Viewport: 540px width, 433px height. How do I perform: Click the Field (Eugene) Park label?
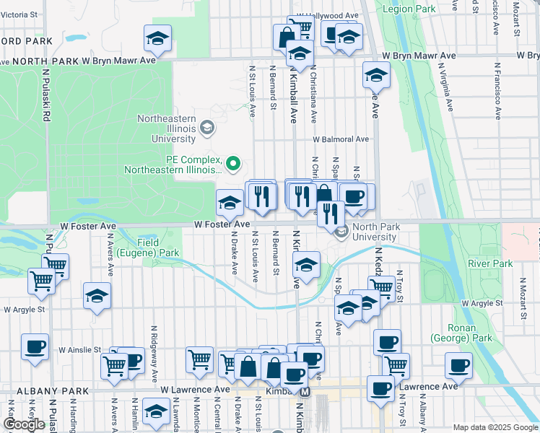click(x=158, y=248)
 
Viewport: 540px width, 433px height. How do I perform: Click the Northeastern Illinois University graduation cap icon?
click(x=207, y=129)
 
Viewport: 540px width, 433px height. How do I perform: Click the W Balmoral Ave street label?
click(x=340, y=139)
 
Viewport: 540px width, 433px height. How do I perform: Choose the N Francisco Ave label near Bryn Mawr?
click(x=497, y=88)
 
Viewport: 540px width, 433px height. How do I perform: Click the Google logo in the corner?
click(x=24, y=424)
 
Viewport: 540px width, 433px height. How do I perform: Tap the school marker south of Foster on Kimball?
click(x=306, y=265)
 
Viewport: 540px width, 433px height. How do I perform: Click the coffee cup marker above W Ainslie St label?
click(x=35, y=346)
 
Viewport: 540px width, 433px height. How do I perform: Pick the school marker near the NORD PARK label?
click(x=157, y=39)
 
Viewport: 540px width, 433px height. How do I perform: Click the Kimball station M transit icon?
click(x=305, y=392)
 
